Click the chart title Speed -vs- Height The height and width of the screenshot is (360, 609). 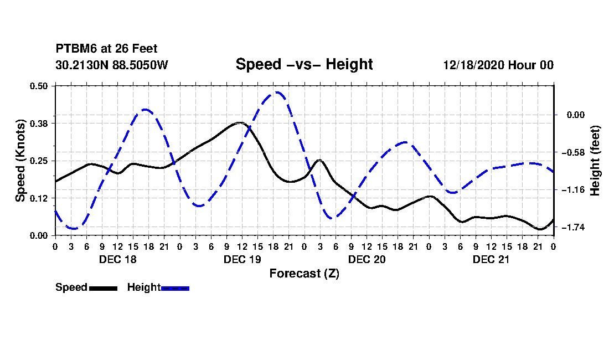click(x=304, y=64)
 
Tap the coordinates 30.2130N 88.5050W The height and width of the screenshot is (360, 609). click(x=112, y=64)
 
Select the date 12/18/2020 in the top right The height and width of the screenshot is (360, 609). click(x=474, y=65)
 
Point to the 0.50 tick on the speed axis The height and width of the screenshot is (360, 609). click(x=39, y=86)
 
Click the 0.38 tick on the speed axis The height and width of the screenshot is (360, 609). click(x=39, y=124)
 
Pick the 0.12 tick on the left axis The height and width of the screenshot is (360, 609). click(x=39, y=198)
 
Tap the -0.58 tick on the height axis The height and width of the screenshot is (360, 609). click(x=573, y=152)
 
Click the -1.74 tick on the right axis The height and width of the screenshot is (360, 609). click(x=573, y=227)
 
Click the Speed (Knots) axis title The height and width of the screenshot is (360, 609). click(x=20, y=161)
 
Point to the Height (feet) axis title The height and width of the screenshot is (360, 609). click(x=595, y=161)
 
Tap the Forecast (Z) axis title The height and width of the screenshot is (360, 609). click(x=304, y=274)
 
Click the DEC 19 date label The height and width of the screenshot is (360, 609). click(x=242, y=259)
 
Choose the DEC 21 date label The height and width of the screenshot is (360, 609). click(x=491, y=259)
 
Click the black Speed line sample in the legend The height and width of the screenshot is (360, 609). click(x=104, y=288)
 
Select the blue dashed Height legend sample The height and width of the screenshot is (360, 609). click(x=175, y=288)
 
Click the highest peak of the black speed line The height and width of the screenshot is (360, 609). click(x=240, y=123)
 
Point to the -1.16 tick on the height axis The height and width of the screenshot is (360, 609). click(x=573, y=190)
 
